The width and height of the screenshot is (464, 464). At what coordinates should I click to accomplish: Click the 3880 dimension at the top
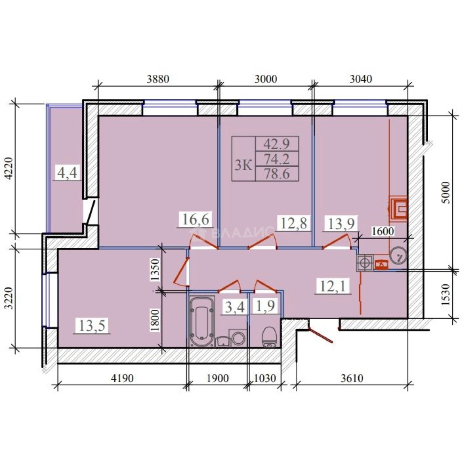click(158, 79)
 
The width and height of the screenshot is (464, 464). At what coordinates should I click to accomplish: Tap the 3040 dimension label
click(361, 79)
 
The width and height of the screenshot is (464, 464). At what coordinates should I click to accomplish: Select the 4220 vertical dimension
click(10, 168)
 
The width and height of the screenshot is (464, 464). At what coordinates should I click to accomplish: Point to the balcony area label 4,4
click(67, 173)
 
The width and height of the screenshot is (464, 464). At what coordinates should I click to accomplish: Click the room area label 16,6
click(195, 220)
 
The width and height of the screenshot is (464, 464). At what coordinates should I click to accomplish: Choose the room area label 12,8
click(293, 223)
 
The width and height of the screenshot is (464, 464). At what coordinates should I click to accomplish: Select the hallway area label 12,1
click(333, 286)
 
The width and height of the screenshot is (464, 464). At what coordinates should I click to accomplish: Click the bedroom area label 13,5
click(92, 326)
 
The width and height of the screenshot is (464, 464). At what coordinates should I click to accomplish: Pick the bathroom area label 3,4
click(235, 307)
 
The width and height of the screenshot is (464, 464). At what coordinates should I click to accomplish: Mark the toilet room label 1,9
click(266, 306)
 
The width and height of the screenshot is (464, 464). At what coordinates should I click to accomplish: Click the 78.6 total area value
click(277, 174)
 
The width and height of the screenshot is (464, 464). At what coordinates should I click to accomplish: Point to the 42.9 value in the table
click(277, 144)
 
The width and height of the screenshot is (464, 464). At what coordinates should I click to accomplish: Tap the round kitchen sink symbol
click(398, 255)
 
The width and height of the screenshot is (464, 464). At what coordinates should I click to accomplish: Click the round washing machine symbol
click(238, 338)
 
